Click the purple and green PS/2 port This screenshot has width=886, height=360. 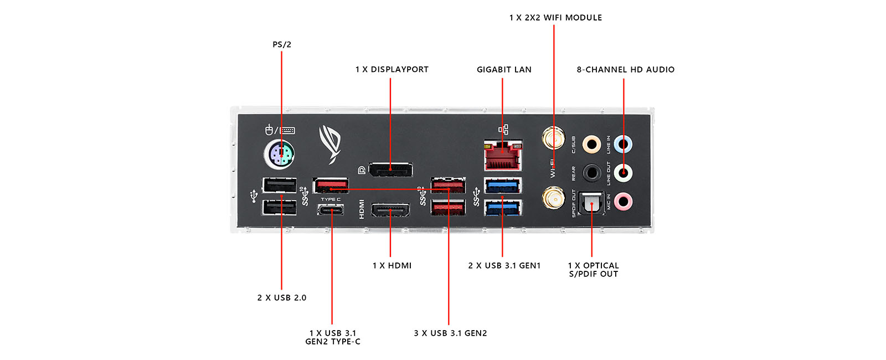pos(280,153)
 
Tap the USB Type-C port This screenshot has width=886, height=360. pos(331,210)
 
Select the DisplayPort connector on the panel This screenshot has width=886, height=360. pos(391,169)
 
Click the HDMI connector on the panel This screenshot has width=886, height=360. pos(390,211)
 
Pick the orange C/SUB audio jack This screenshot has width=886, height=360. pos(592,145)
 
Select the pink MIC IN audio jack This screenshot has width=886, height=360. pos(624,202)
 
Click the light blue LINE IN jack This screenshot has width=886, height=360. pos(624,145)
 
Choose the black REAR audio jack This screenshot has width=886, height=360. pos(592,173)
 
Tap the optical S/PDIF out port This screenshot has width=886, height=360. pos(591,204)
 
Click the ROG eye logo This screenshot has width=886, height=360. pos(330,144)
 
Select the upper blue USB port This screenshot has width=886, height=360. pos(503,186)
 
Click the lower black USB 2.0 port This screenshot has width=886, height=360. pos(280,207)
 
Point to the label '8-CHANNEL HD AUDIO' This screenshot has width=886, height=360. pos(626,70)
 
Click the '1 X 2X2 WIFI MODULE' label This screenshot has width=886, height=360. pos(555,18)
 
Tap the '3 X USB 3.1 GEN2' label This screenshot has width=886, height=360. pos(450,333)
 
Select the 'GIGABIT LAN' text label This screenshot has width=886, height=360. pos(504,70)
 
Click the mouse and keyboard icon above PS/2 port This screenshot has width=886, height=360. pos(280,131)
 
